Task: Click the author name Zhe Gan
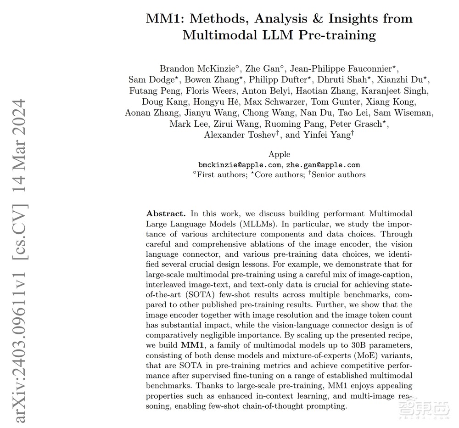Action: point(260,69)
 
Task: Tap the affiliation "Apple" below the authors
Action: point(279,154)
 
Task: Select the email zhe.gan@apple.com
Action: point(323,164)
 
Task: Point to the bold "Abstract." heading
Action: point(166,214)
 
